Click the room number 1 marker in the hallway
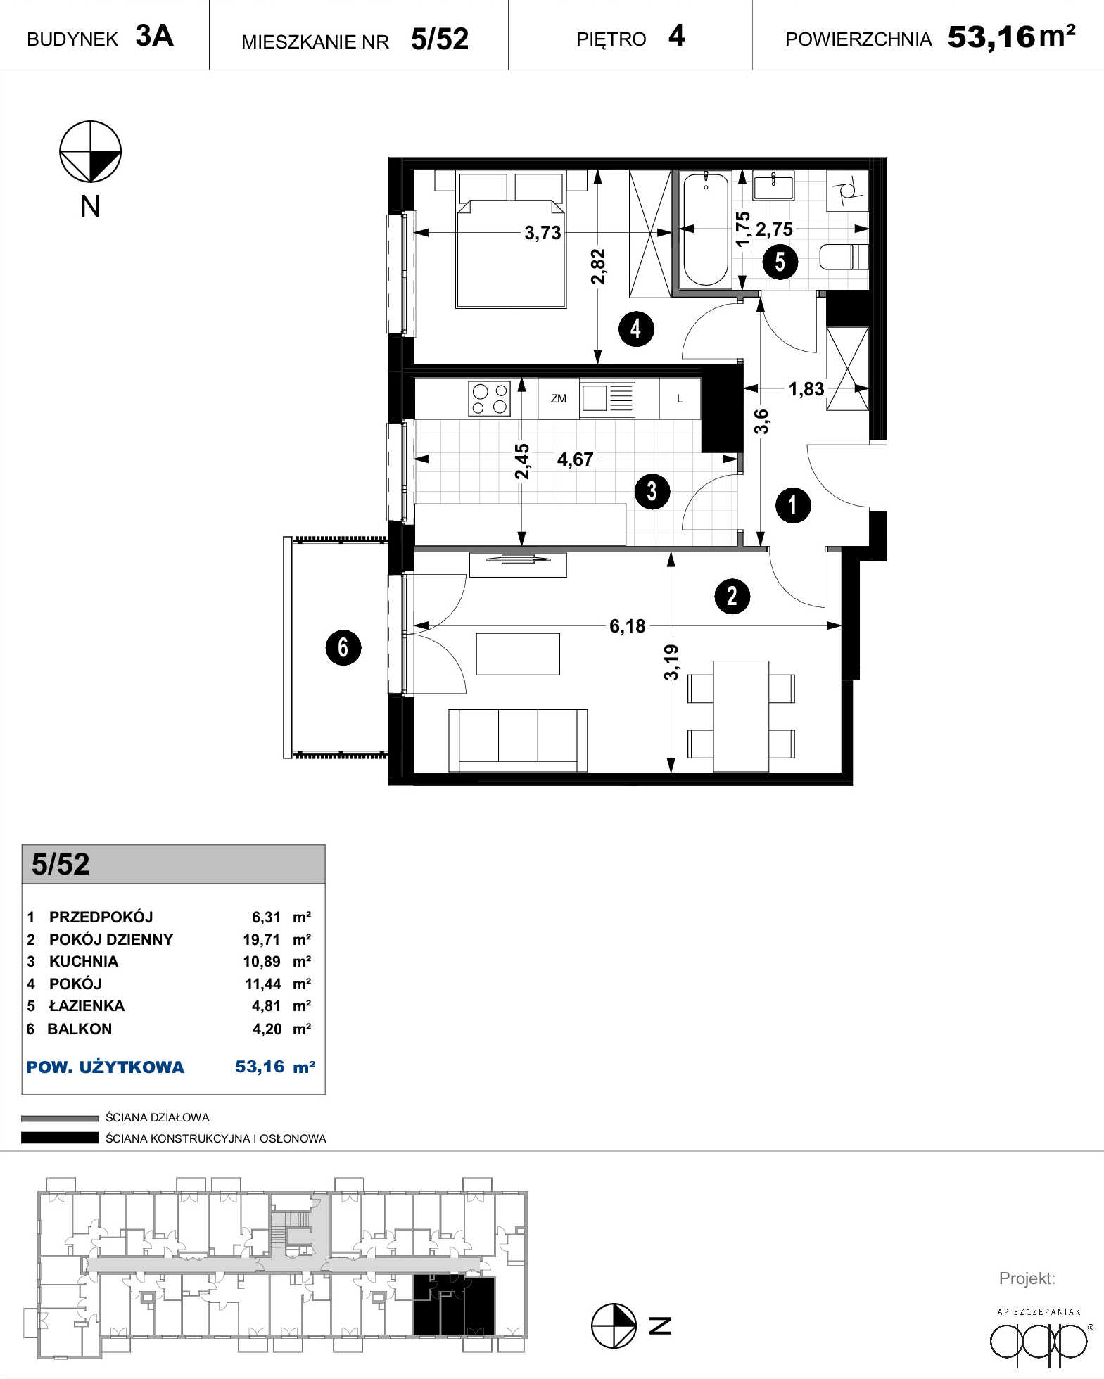pyautogui.click(x=793, y=505)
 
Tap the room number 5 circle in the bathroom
pyautogui.click(x=780, y=262)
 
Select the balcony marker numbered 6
pyautogui.click(x=343, y=647)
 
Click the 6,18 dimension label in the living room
pyautogui.click(x=627, y=625)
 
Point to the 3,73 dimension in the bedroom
pyautogui.click(x=543, y=233)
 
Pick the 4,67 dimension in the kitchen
pyautogui.click(x=575, y=459)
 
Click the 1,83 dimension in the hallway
pyautogui.click(x=806, y=389)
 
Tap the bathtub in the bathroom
pyautogui.click(x=706, y=229)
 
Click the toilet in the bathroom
pyautogui.click(x=844, y=257)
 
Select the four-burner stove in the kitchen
pyautogui.click(x=490, y=398)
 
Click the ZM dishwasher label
pyautogui.click(x=559, y=398)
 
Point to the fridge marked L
pyautogui.click(x=680, y=398)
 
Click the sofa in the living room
pyautogui.click(x=518, y=740)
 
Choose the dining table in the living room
pyautogui.click(x=741, y=716)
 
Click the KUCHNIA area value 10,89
pyautogui.click(x=262, y=962)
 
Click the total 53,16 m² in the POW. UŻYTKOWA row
pyautogui.click(x=275, y=1067)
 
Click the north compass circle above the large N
pyautogui.click(x=90, y=151)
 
